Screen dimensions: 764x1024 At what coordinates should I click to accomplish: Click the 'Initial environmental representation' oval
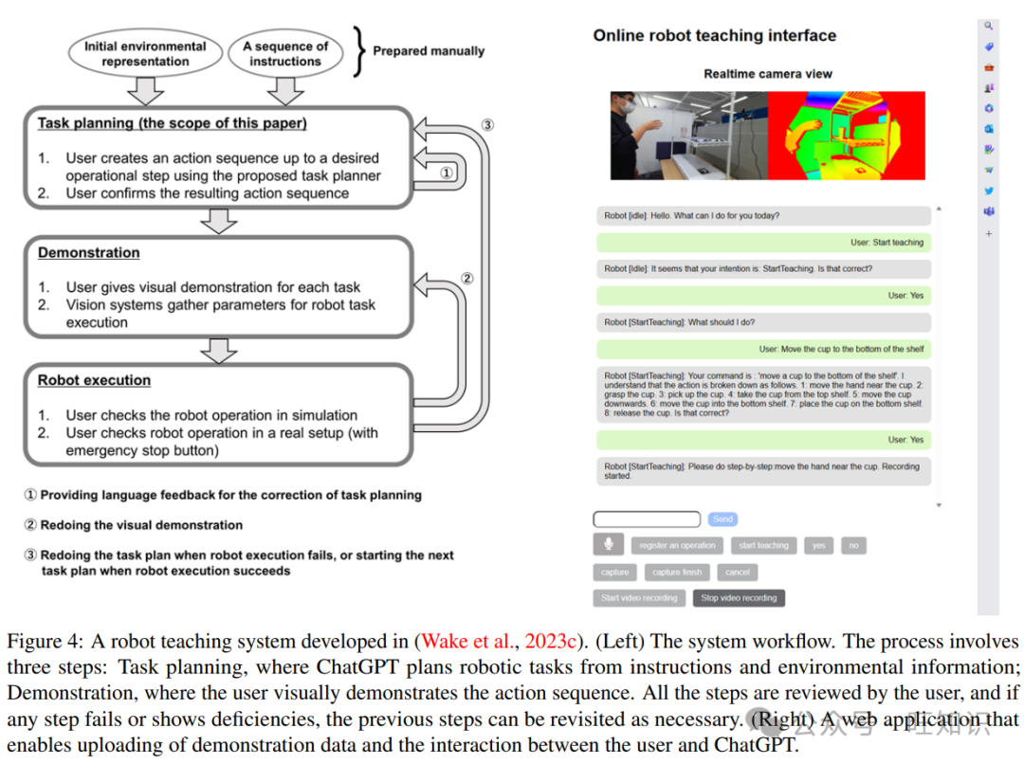point(145,53)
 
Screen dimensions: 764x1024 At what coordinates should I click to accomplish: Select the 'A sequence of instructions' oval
point(285,53)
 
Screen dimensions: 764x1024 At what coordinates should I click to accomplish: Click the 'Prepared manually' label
point(428,51)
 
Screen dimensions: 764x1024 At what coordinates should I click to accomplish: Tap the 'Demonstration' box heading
point(88,253)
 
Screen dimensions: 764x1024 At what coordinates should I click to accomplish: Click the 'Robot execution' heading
point(94,380)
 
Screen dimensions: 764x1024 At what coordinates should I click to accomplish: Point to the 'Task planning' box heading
point(172,123)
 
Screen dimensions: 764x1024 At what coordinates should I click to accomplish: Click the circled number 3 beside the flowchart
point(486,125)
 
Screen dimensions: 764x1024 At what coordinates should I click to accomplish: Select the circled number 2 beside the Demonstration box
point(466,279)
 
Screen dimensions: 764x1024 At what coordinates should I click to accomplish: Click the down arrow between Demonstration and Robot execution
point(219,350)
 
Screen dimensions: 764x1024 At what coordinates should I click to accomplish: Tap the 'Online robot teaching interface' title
point(714,36)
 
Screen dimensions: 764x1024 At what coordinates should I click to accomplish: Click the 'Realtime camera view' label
point(767,74)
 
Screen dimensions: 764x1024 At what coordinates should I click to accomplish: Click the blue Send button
point(722,519)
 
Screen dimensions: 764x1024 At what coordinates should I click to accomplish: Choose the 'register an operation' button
point(677,546)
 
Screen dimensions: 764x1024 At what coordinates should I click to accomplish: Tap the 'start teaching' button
point(763,546)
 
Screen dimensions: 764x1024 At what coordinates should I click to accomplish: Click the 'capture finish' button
point(677,573)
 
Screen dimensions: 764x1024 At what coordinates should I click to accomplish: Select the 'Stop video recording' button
point(739,598)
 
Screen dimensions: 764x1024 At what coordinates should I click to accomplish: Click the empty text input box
point(647,519)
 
